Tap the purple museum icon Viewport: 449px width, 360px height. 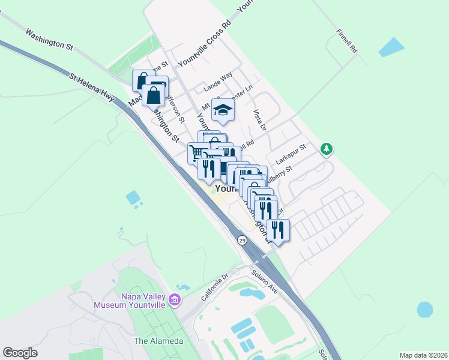click(174, 299)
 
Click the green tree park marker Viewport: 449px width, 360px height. click(326, 148)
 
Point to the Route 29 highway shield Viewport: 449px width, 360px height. click(242, 240)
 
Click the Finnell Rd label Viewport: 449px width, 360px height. click(346, 40)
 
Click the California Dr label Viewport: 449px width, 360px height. click(215, 287)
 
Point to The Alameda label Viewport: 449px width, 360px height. click(158, 341)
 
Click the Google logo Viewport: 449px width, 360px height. click(20, 353)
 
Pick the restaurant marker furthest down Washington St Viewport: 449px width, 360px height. click(278, 230)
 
